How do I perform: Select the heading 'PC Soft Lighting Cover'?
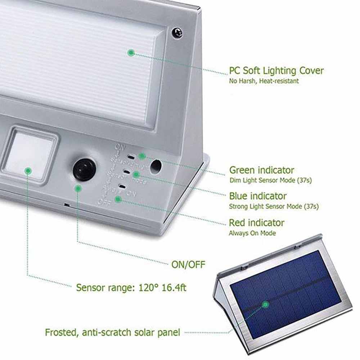[x=276, y=70]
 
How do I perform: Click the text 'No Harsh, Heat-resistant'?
[x=264, y=81]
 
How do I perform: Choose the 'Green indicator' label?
[x=262, y=170]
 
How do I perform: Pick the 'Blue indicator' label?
[x=258, y=196]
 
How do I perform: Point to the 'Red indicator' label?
[x=257, y=223]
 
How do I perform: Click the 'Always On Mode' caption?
[x=252, y=233]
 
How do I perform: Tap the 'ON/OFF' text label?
[x=188, y=265]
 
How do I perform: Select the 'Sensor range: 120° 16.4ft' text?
[x=131, y=288]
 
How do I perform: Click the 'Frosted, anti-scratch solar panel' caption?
[x=112, y=332]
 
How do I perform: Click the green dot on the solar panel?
[x=266, y=305]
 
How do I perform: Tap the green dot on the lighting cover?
[x=131, y=53]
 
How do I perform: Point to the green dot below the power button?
[x=77, y=188]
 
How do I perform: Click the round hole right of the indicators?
[x=156, y=166]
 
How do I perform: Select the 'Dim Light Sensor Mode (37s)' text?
[x=270, y=180]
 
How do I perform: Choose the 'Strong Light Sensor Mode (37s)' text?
[x=274, y=207]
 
